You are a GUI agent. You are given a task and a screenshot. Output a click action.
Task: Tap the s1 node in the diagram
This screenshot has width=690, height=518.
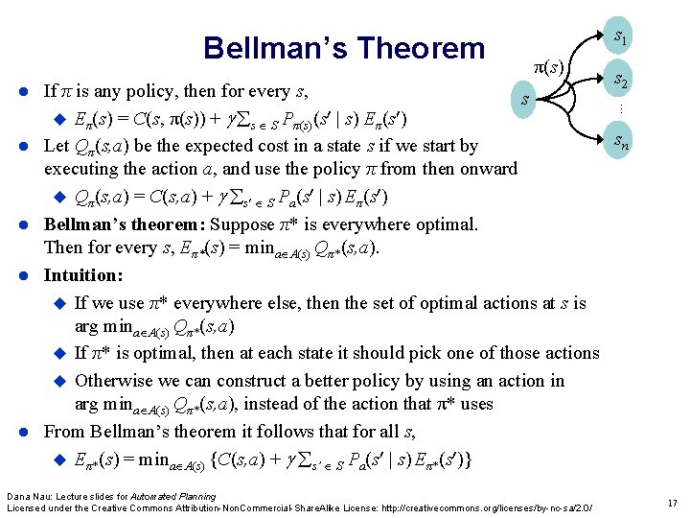(621, 38)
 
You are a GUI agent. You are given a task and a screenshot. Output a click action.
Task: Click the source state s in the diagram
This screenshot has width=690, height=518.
(523, 99)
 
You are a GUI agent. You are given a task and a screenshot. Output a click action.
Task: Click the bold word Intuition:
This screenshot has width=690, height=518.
(83, 275)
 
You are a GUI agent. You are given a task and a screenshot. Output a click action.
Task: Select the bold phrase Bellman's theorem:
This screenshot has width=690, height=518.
(124, 224)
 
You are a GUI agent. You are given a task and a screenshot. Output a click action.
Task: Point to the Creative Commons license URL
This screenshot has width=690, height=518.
(485, 506)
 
